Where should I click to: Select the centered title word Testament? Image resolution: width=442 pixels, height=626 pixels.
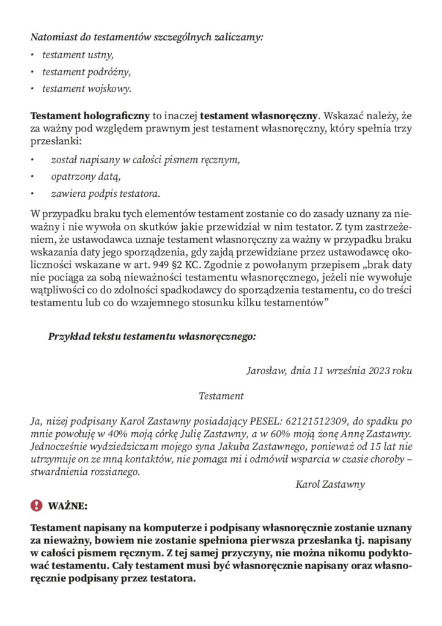click(x=221, y=396)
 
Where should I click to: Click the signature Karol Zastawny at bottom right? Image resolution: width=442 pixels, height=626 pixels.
click(x=330, y=484)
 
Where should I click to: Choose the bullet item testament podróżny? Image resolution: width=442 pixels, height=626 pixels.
click(x=86, y=72)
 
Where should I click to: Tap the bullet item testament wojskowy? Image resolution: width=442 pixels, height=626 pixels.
click(x=86, y=89)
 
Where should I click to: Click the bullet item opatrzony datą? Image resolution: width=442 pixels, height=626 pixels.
click(x=83, y=177)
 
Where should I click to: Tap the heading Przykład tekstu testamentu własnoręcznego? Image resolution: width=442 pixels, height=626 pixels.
click(x=152, y=336)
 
